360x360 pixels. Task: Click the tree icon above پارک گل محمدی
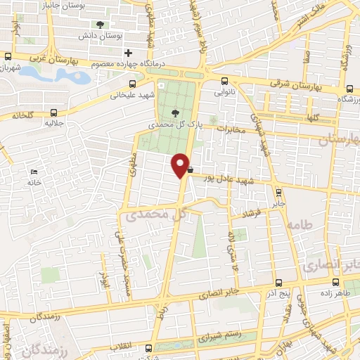click(x=175, y=112)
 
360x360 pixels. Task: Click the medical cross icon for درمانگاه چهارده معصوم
click(x=128, y=53)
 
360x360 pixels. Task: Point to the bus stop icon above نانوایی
click(x=224, y=80)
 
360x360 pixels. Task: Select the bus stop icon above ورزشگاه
click(x=350, y=89)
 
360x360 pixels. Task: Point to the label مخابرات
click(x=229, y=129)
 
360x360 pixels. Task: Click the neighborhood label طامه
click(x=299, y=224)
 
